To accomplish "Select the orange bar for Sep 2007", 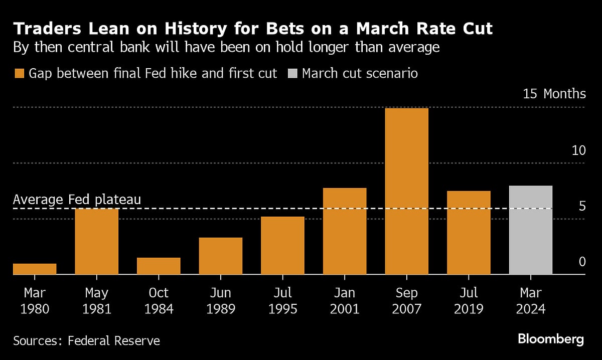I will (407, 191).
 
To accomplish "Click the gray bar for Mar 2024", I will (531, 230).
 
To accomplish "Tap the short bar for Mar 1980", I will (35, 269).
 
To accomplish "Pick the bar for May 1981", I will (97, 242).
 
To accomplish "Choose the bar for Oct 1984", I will (159, 266).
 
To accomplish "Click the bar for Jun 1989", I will (221, 256).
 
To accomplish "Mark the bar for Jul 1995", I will (283, 246).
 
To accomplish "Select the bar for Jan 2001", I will (345, 231).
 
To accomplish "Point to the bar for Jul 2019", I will (469, 233).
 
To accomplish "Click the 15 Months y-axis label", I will (554, 94).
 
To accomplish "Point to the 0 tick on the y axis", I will (582, 261).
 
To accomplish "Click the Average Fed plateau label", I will (77, 200).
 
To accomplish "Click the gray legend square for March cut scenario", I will (292, 74).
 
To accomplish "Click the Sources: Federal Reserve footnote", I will (86, 341).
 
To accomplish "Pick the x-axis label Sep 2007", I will (407, 300).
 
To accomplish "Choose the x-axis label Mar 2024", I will (531, 300).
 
